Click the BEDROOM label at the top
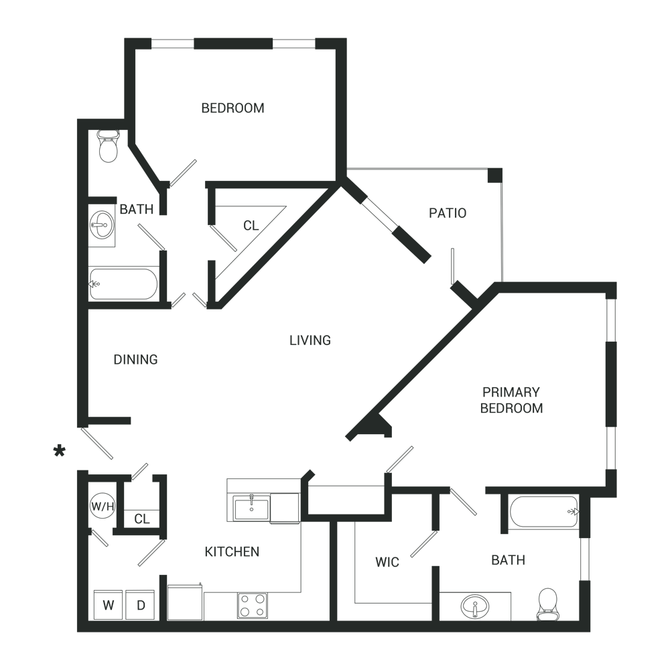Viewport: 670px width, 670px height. [x=232, y=108]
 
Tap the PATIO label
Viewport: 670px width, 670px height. [x=448, y=213]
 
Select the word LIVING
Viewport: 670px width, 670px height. [x=310, y=340]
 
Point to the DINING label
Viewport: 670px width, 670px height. [x=135, y=359]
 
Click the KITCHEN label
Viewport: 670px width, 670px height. [x=232, y=552]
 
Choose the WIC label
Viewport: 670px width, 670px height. [x=387, y=561]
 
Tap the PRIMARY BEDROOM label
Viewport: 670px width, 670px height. [x=511, y=400]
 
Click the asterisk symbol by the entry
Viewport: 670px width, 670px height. [x=60, y=452]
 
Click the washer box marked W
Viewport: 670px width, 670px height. [x=107, y=606]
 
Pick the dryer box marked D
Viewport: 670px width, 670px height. [x=141, y=606]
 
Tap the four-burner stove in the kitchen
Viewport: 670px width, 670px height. [x=253, y=605]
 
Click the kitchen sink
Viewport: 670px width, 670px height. [x=251, y=508]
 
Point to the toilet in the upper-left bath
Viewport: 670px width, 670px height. [x=107, y=145]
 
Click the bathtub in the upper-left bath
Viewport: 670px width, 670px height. [x=123, y=284]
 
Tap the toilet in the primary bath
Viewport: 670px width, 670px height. [x=548, y=604]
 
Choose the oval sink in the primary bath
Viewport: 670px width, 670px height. [x=475, y=607]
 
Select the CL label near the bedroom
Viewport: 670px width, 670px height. [x=251, y=226]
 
